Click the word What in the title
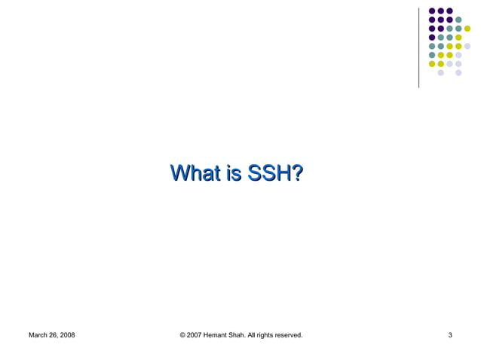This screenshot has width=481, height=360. click(195, 175)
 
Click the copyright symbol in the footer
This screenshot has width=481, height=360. click(183, 334)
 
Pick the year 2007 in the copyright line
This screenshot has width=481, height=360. click(196, 334)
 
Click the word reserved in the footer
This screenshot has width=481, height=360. click(290, 334)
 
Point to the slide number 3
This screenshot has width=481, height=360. click(450, 334)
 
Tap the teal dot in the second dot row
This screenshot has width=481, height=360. click(458, 20)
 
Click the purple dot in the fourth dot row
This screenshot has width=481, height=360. click(432, 38)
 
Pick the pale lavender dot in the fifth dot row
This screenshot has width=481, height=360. click(467, 46)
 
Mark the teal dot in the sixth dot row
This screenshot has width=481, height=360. click(432, 55)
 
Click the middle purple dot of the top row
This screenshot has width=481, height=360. click(441, 11)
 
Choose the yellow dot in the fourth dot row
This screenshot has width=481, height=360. click(458, 38)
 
